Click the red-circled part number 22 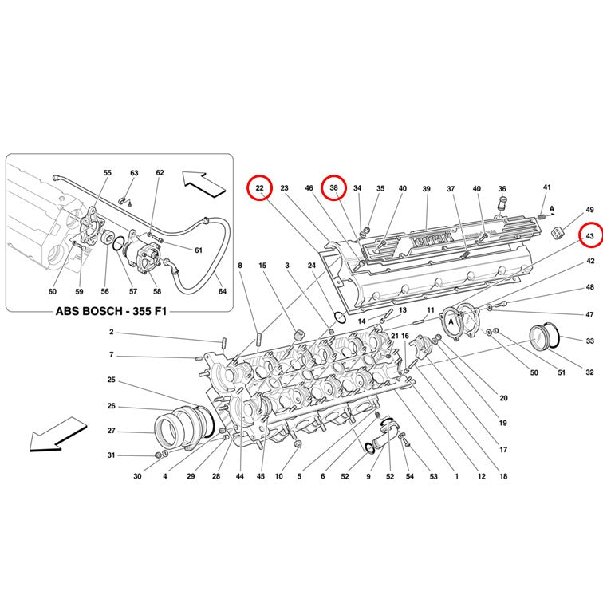coord(259,187)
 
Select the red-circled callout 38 coord(333,187)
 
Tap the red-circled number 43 coord(590,236)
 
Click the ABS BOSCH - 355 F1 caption coord(112,311)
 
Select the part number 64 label coord(223,291)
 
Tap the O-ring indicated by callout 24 coord(340,317)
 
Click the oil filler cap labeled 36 coord(501,204)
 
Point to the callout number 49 coord(590,210)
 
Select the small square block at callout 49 coord(558,233)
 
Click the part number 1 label coord(457,476)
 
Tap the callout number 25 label coord(111,380)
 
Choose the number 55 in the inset coord(108,173)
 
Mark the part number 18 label coord(503,476)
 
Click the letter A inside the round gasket coord(451,321)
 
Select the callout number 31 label coord(111,455)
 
